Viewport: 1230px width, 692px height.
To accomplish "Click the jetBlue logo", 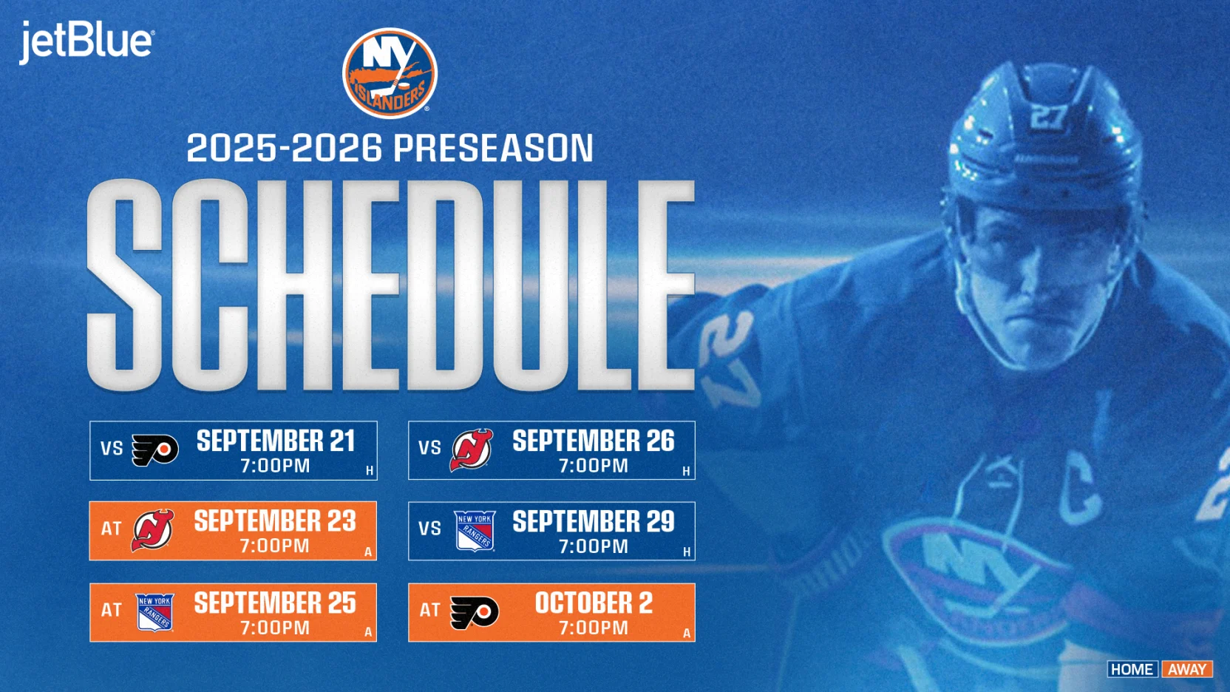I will point(86,41).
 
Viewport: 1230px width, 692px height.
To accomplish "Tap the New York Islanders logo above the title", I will point(390,73).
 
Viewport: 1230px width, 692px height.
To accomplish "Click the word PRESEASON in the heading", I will point(493,148).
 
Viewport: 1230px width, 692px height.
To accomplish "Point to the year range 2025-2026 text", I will point(285,148).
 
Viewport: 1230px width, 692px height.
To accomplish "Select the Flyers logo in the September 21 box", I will point(154,450).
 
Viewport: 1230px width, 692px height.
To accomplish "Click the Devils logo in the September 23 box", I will point(152,530).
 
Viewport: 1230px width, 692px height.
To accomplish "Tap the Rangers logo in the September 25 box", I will point(154,612).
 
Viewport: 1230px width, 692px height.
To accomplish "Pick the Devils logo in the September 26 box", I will point(472,450).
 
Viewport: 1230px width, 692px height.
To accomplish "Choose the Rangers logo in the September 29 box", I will point(474,531).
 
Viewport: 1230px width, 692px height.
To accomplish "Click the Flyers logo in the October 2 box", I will point(474,612).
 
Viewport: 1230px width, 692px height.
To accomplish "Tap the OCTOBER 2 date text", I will point(594,603).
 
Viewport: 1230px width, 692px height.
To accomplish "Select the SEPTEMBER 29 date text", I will point(594,522).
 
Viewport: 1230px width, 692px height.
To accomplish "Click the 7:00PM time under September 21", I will point(275,467).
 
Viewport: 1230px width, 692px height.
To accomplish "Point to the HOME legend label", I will point(1132,669).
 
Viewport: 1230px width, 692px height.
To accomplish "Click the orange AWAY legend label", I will point(1187,669).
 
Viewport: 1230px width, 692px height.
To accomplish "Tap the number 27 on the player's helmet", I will point(1048,116).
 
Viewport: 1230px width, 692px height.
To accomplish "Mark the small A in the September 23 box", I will point(367,552).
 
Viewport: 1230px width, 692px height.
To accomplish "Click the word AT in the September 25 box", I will point(112,610).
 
